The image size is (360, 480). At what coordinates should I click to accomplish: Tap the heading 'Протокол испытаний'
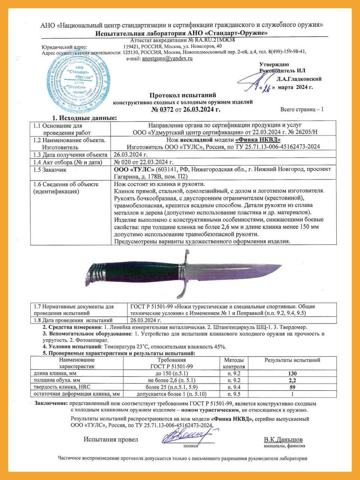point(183,95)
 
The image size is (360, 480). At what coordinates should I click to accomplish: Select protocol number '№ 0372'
point(162,109)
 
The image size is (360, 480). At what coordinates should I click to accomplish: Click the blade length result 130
point(292,373)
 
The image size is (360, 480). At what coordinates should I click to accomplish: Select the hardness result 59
point(292,387)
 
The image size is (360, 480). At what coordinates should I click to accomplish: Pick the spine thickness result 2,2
point(292,380)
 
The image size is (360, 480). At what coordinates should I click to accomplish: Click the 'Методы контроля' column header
point(234,363)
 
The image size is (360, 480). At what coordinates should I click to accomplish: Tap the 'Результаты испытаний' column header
point(292,360)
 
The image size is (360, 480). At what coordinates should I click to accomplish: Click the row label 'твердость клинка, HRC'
point(62,387)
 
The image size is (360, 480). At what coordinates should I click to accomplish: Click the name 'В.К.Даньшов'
point(283,439)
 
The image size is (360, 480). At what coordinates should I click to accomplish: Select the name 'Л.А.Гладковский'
point(299,79)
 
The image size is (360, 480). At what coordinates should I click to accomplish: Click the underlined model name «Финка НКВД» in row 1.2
point(258,139)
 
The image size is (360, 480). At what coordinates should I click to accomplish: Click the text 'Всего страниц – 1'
point(302,109)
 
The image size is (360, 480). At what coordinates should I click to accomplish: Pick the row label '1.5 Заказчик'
point(50,169)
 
